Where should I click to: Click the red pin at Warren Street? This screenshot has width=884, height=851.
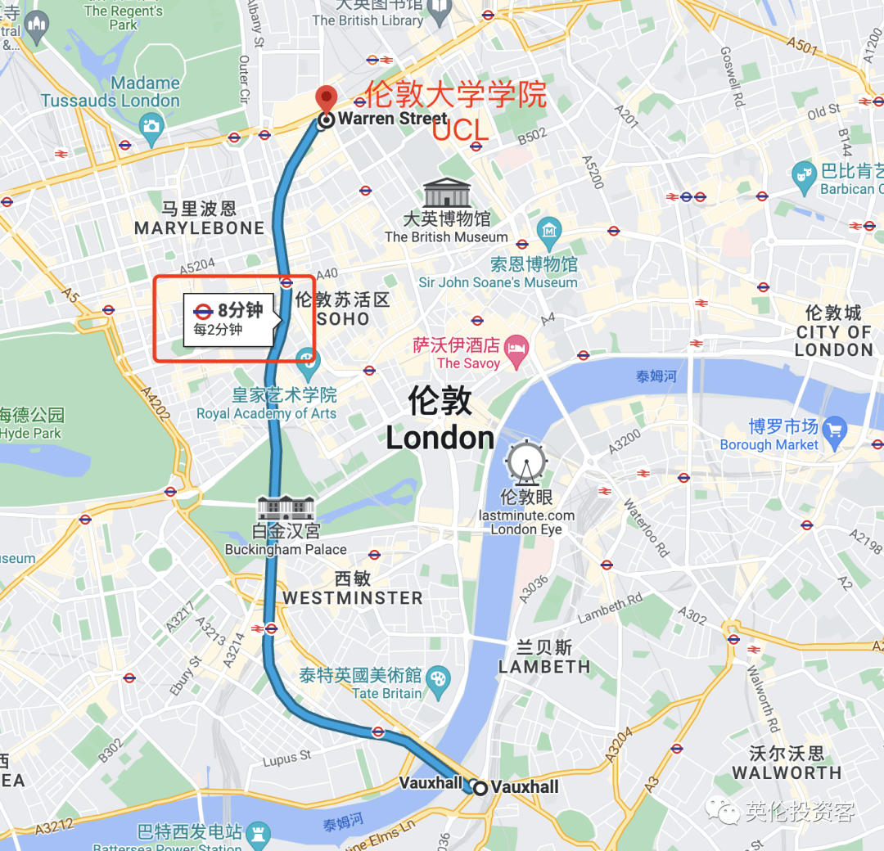coord(327,97)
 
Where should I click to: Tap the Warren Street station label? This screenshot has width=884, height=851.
coord(393,119)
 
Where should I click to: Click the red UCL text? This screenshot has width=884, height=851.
coord(460,130)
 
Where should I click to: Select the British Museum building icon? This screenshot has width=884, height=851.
coord(446,193)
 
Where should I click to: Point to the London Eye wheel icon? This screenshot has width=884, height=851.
coord(526,462)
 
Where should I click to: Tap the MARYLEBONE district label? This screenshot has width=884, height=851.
coord(199,228)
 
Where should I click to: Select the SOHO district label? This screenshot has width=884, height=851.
coord(343,319)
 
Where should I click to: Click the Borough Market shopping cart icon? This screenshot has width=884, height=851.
coord(834,429)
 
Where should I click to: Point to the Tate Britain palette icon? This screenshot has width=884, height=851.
coord(440,678)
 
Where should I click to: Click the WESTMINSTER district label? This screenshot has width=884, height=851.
coord(353,598)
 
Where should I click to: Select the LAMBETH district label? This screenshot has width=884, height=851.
coord(544,666)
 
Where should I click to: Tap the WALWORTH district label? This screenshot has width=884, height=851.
coord(786,772)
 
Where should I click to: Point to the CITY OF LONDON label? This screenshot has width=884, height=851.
coord(833,331)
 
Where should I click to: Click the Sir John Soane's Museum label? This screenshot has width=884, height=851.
coord(498,282)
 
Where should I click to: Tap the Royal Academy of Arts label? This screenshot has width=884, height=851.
coord(266,413)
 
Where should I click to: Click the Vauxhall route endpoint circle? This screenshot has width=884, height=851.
coord(480,787)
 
